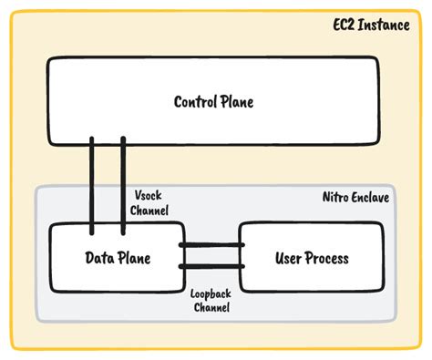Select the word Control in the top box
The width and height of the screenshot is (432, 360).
point(194,101)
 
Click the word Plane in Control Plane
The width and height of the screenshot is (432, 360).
point(235,101)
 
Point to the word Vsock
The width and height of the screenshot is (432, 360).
point(149,196)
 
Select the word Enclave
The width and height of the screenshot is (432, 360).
point(371,197)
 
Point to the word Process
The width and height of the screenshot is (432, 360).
point(328,258)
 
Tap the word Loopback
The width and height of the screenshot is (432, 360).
point(211,293)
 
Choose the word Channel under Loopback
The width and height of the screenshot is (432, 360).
point(211,307)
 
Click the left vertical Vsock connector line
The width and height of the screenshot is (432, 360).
point(92,182)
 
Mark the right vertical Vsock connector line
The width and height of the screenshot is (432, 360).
point(122,182)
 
